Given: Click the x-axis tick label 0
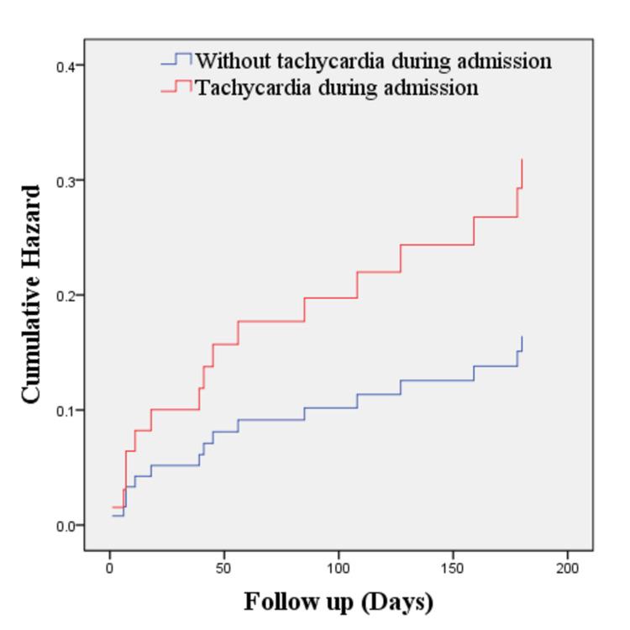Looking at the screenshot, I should (x=109, y=568).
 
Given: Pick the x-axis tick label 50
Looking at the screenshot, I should (x=223, y=568).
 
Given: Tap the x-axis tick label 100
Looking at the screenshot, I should (x=338, y=568).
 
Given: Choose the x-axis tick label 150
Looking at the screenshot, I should (x=453, y=568).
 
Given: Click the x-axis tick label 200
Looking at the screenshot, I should (x=567, y=568).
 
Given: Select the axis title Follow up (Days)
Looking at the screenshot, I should (x=339, y=602).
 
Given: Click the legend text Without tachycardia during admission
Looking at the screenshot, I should (x=373, y=61).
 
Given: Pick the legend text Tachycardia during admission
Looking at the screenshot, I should (x=337, y=87).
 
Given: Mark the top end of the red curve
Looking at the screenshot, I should (x=522, y=160).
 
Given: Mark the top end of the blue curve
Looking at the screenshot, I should (x=522, y=337).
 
